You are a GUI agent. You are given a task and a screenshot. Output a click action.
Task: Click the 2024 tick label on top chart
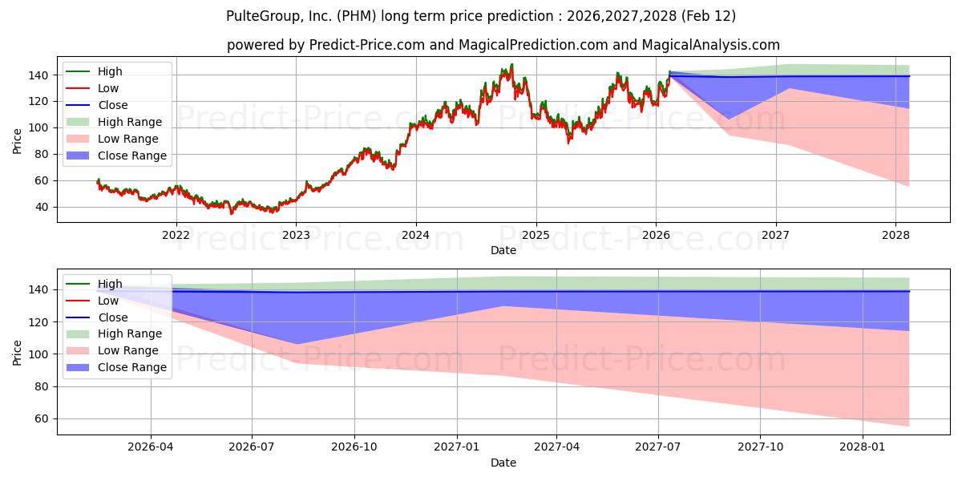pos(415,235)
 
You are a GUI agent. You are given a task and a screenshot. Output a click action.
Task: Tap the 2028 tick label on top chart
pos(895,235)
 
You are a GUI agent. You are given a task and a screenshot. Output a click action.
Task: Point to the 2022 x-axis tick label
pos(176,235)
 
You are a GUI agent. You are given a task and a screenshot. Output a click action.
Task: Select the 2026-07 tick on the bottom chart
pos(252,447)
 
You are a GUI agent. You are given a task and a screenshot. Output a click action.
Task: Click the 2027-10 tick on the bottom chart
pos(760,447)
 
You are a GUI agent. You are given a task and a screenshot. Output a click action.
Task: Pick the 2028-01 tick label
pos(863,447)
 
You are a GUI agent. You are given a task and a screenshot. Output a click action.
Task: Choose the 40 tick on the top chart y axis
pos(42,207)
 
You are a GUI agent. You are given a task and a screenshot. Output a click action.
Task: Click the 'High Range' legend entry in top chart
pos(131,122)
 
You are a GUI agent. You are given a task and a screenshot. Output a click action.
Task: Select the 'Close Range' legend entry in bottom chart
pos(132,367)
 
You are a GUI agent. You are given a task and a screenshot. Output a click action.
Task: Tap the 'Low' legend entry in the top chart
pos(109,88)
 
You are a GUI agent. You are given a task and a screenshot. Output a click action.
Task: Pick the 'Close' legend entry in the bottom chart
pos(112,317)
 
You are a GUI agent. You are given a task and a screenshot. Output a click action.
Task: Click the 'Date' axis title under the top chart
pos(503,250)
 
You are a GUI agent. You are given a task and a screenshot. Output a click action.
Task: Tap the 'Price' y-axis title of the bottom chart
pos(18,352)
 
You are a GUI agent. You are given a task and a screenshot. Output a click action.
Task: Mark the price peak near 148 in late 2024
pos(511,65)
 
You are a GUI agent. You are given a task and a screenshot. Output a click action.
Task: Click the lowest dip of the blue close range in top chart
pos(729,119)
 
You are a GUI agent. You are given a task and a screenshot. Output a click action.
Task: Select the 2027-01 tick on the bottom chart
pos(457,447)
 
